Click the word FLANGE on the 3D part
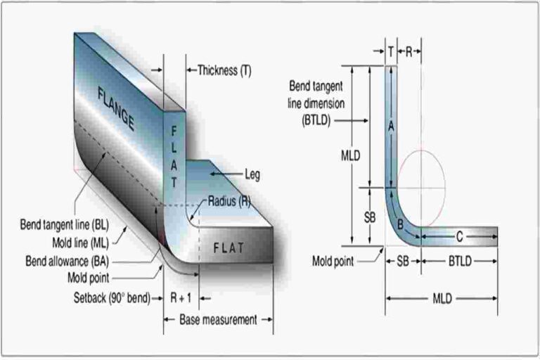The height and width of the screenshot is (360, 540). tap(115, 108)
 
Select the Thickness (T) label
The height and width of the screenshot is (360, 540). tap(224, 70)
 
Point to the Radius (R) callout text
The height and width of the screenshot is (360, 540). tap(229, 201)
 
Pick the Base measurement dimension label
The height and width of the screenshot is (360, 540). tap(218, 319)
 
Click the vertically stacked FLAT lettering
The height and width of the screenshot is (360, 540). tap(174, 156)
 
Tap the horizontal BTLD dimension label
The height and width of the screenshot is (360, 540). tap(461, 260)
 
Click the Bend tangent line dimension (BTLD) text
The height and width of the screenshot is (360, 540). tap(317, 102)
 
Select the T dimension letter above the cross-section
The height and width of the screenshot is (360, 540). tap(390, 51)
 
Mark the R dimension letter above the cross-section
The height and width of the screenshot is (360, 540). tap(409, 51)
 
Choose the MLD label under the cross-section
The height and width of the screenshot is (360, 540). tap(442, 298)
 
